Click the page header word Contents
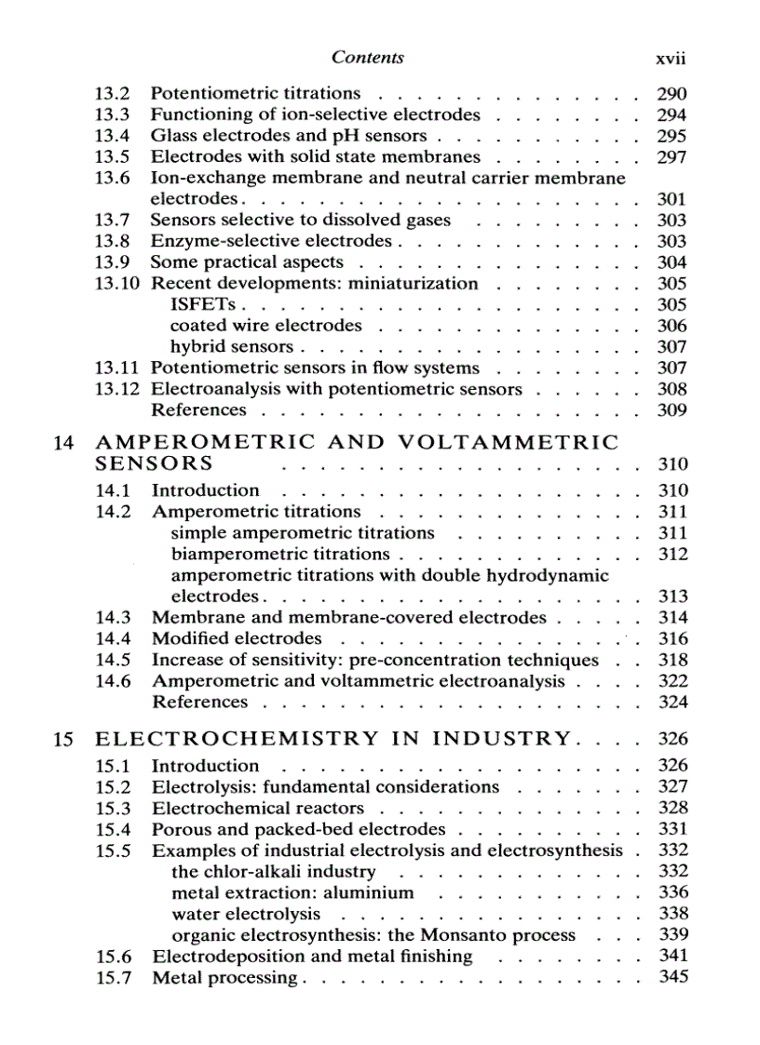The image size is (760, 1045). click(368, 58)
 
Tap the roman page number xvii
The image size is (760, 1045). click(671, 59)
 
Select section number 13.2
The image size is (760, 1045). click(112, 93)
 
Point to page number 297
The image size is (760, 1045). click(672, 157)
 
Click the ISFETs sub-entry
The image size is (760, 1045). click(203, 304)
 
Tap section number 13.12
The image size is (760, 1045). click(117, 389)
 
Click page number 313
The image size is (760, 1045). click(672, 596)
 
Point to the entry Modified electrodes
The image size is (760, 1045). click(237, 638)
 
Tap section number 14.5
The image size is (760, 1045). click(113, 660)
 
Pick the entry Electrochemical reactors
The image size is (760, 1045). click(258, 808)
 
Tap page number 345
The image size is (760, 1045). click(672, 977)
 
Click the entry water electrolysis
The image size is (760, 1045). click(246, 914)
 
